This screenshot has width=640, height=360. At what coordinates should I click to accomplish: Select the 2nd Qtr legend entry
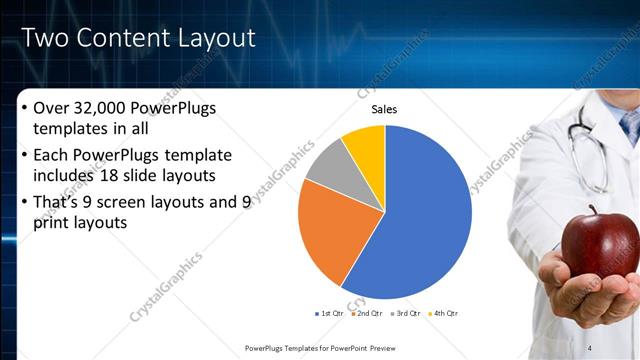(x=367, y=314)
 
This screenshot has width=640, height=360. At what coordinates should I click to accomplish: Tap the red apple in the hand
(x=599, y=242)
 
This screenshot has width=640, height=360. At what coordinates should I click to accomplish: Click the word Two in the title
(x=45, y=38)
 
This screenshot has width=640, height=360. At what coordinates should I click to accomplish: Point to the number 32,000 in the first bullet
(x=108, y=109)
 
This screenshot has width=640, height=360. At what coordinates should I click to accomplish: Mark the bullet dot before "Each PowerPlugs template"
(x=24, y=156)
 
